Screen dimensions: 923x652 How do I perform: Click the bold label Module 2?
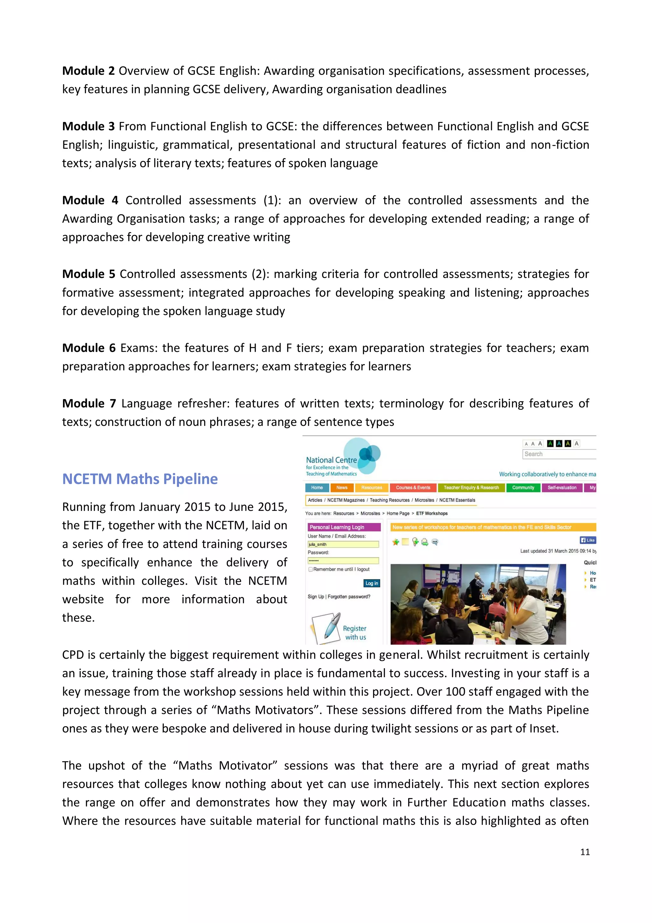pyautogui.click(x=89, y=71)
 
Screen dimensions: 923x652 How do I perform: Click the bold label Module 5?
pyautogui.click(x=89, y=274)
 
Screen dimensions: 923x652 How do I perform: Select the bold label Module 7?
pyautogui.click(x=89, y=403)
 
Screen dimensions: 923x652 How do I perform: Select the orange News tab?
pyautogui.click(x=342, y=488)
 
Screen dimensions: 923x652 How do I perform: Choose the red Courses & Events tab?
pyautogui.click(x=413, y=488)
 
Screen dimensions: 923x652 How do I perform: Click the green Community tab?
pyautogui.click(x=523, y=488)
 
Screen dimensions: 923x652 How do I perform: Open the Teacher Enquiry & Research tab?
pyautogui.click(x=471, y=488)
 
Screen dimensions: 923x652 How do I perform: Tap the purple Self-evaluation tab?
pyautogui.click(x=562, y=488)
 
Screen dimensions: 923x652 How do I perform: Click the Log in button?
pyautogui.click(x=372, y=583)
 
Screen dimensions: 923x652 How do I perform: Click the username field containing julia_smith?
pyautogui.click(x=343, y=544)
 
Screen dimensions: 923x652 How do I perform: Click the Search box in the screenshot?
pyautogui.click(x=558, y=454)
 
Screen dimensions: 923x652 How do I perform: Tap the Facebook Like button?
pyautogui.click(x=588, y=540)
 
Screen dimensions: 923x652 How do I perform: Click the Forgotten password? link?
pyautogui.click(x=349, y=597)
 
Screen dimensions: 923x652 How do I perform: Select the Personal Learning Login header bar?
pyautogui.click(x=344, y=527)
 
